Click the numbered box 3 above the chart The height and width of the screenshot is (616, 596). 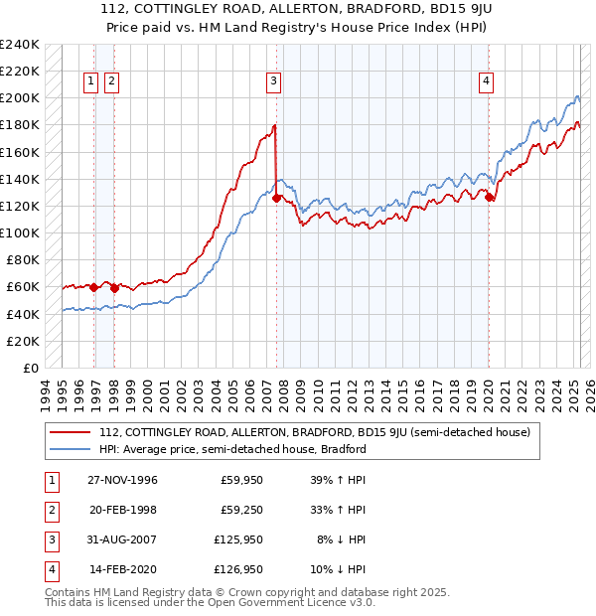[273, 82]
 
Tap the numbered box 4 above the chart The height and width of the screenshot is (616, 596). [487, 82]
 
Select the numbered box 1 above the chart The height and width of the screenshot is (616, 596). [91, 82]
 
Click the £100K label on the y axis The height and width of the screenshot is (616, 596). [19, 232]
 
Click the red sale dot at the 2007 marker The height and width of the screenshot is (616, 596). [275, 198]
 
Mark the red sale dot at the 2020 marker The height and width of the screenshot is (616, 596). [489, 197]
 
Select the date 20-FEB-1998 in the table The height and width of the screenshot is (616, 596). [123, 510]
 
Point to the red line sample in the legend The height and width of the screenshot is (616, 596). [68, 432]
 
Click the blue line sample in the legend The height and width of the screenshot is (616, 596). [68, 449]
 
